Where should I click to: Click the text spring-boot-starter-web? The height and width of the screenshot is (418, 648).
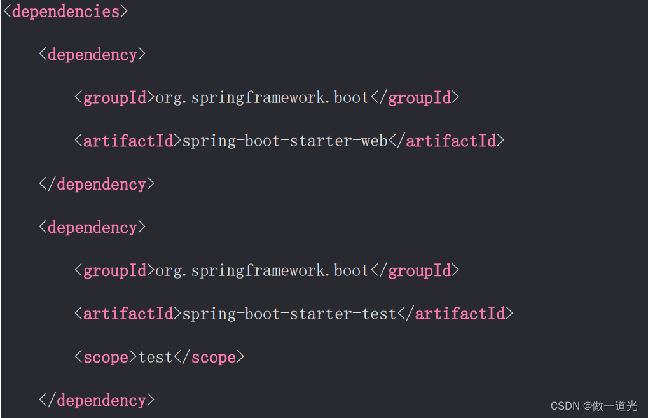tap(285, 141)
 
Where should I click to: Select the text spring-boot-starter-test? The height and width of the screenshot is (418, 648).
tap(289, 314)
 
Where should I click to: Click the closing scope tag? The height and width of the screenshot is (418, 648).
tap(209, 357)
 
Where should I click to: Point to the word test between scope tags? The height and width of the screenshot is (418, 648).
tap(156, 357)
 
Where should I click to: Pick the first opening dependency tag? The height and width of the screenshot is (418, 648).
tap(93, 55)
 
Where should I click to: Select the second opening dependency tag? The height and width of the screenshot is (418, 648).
tap(93, 227)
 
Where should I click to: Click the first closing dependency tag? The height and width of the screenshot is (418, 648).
tap(97, 184)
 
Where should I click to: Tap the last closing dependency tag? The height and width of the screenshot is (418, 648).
tap(97, 400)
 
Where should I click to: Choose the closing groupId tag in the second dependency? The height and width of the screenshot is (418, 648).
tap(415, 270)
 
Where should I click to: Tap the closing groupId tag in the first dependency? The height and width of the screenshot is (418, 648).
tap(415, 97)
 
